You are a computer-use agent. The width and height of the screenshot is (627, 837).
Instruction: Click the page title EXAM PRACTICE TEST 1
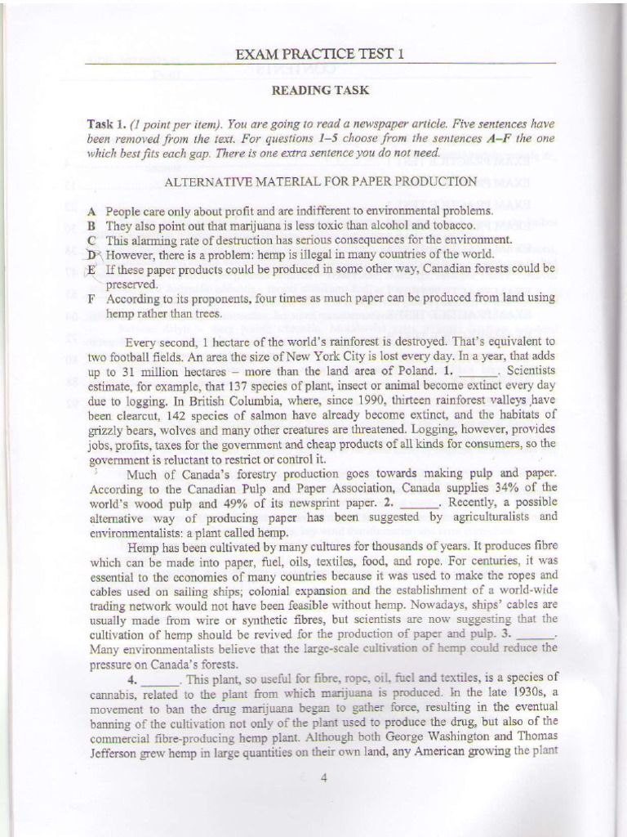[x=320, y=55]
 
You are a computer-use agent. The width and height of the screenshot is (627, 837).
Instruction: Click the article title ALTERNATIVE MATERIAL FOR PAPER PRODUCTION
[x=320, y=180]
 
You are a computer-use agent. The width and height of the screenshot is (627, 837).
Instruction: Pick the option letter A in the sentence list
[x=91, y=211]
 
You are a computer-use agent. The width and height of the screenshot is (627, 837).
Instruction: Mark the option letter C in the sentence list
[x=91, y=240]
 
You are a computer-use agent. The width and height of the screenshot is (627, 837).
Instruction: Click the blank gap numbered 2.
[x=420, y=503]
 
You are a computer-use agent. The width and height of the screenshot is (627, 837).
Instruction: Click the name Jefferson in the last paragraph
[x=113, y=750]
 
